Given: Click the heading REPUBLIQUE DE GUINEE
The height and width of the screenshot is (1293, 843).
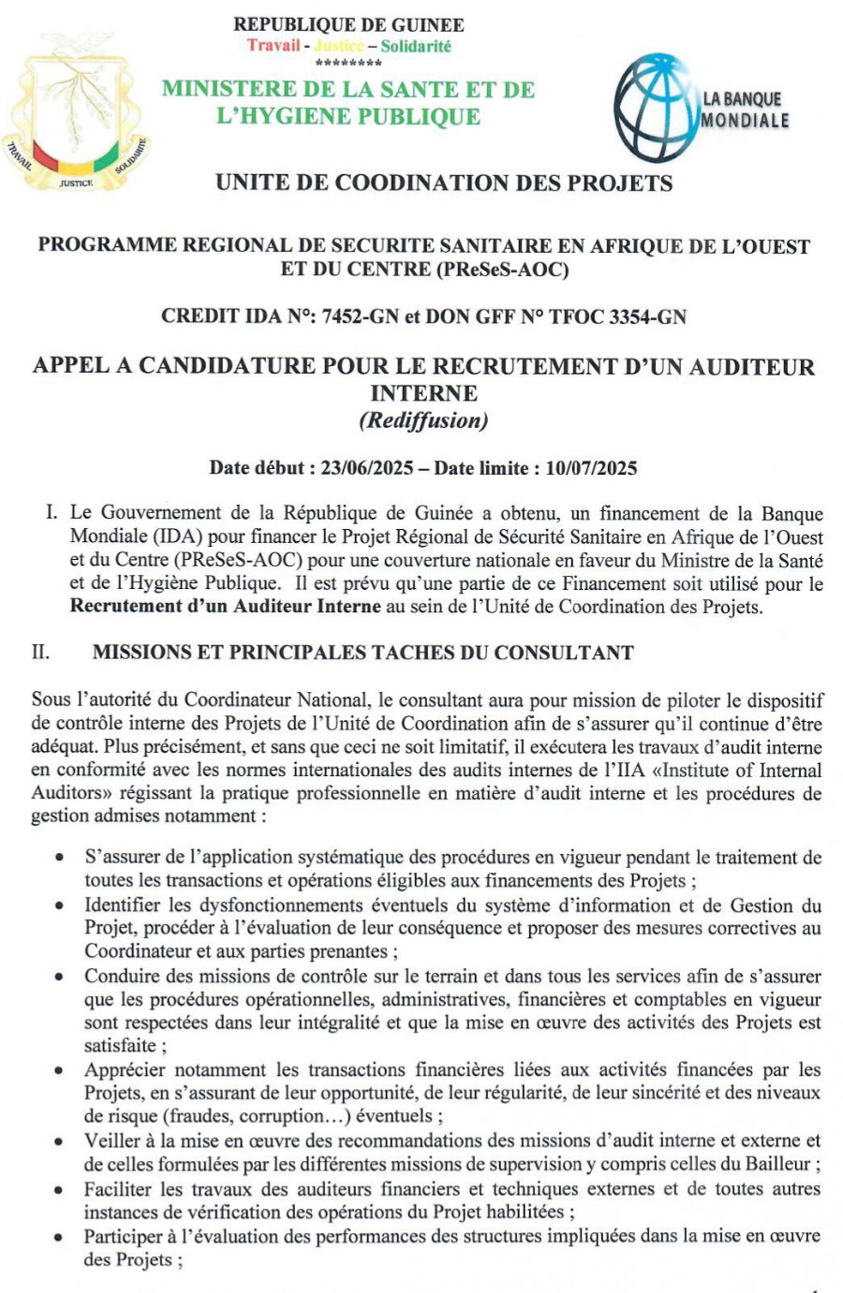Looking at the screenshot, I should (348, 25).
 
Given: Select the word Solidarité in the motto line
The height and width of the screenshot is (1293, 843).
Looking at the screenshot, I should (416, 46).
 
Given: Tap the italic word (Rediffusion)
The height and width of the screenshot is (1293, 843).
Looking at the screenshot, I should (423, 420).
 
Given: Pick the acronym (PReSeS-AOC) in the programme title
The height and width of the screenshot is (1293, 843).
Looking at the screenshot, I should (501, 271).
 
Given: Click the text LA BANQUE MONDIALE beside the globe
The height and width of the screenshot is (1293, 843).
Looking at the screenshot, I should (746, 110).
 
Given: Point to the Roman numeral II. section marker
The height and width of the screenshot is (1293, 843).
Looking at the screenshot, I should (40, 653).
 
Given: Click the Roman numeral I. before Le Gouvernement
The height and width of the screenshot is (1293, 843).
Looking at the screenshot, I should (52, 513).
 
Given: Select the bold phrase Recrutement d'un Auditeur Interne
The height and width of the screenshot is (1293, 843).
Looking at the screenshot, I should (225, 606).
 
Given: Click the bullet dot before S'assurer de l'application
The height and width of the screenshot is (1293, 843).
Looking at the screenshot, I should (60, 858).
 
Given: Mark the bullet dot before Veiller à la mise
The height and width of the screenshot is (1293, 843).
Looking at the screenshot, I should (60, 1141).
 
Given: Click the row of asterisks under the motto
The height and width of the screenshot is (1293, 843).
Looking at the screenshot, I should (348, 64).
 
